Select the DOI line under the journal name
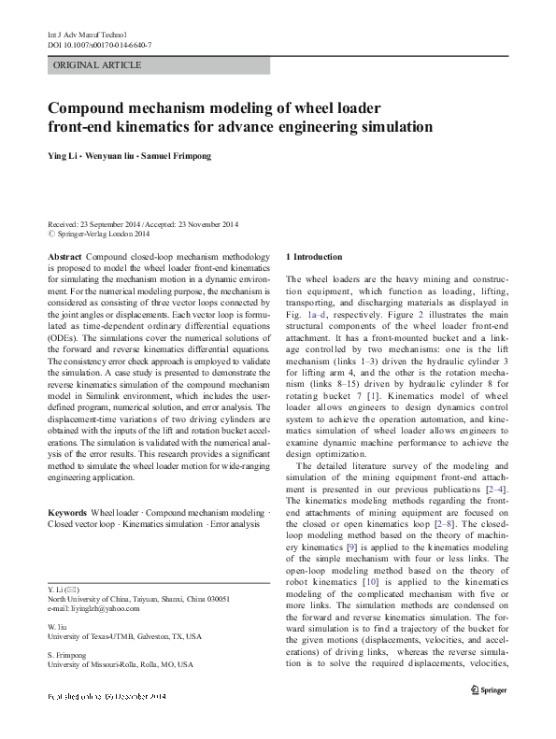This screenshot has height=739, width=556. [x=99, y=45]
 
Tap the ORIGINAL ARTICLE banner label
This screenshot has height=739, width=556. [x=98, y=65]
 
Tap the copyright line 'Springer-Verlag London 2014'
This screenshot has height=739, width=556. [x=107, y=234]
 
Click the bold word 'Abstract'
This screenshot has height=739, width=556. [x=64, y=256]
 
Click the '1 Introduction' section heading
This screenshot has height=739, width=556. [x=314, y=256]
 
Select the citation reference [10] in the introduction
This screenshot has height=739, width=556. [x=369, y=582]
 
